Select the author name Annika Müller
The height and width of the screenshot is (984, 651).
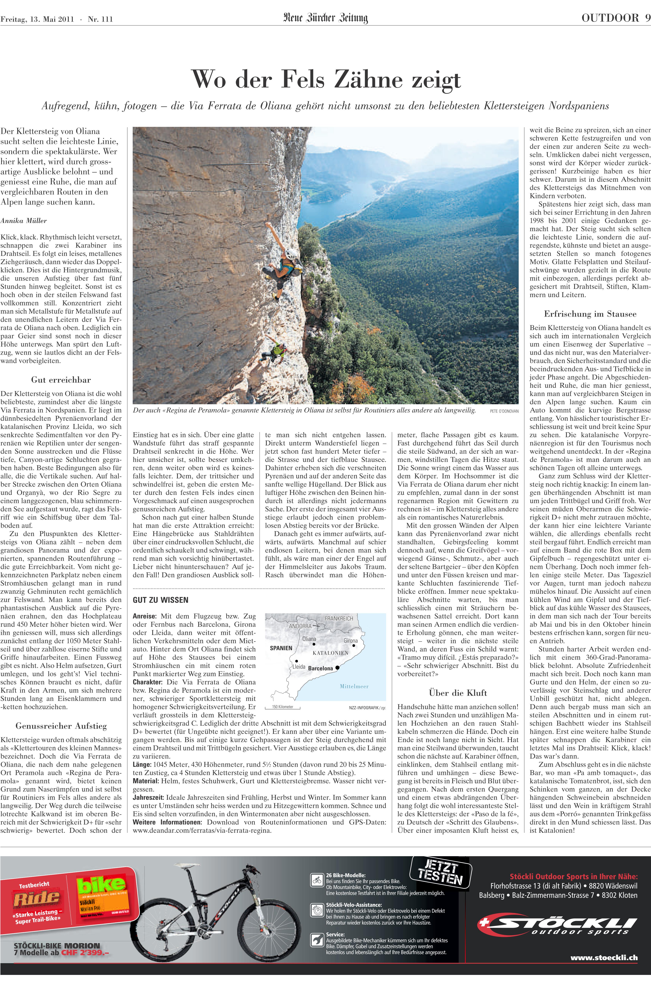24,220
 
